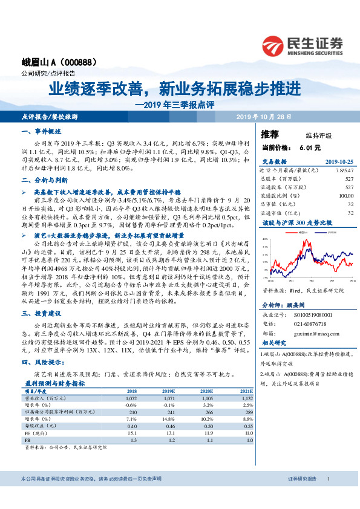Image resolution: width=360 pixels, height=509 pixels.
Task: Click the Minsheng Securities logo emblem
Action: point(273,45)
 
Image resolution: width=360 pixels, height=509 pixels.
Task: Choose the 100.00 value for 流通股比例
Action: point(344,195)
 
